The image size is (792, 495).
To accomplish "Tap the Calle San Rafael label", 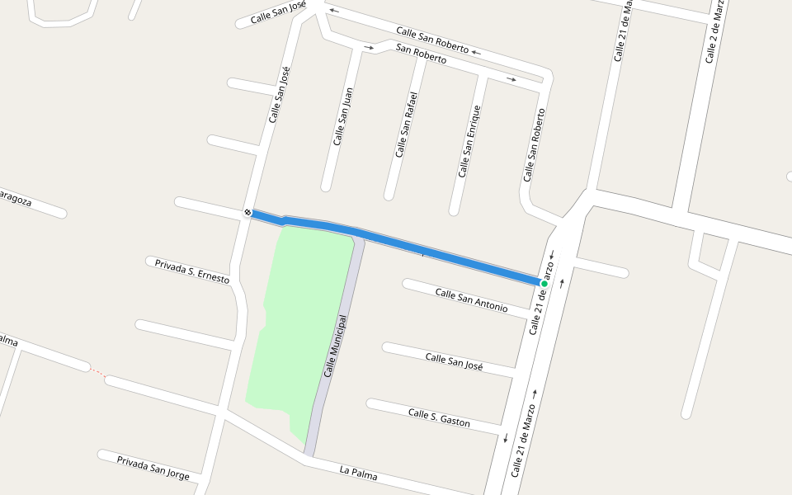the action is [406, 124].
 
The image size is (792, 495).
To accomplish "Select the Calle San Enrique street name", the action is [469, 141].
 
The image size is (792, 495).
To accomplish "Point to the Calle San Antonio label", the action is [471, 299].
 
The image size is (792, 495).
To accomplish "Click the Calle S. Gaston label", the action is [439, 417].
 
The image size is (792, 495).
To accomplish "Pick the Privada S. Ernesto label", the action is [192, 271].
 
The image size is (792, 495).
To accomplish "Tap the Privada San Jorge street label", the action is [153, 467].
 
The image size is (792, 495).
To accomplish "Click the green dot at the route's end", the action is [544, 284].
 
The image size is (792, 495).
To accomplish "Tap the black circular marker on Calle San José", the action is [247, 213].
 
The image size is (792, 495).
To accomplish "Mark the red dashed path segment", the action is [97, 372].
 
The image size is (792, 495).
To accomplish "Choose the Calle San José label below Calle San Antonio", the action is [454, 361].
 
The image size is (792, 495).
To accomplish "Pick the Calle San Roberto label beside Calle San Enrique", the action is [534, 145].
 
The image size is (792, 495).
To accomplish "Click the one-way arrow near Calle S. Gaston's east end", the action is [505, 437].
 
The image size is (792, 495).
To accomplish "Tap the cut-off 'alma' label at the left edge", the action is [8, 340].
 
